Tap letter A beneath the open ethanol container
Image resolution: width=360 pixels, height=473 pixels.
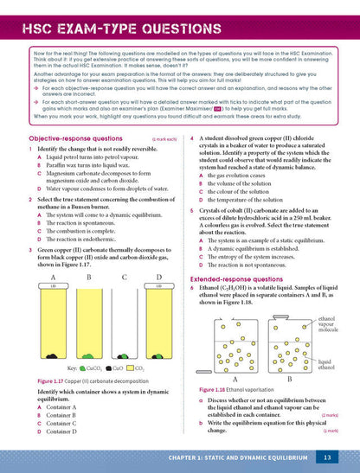[x=236, y=380]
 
